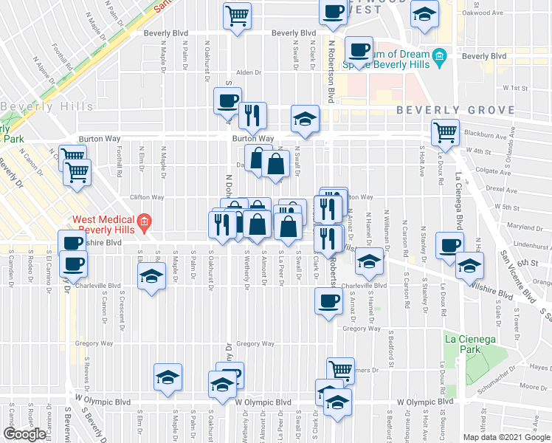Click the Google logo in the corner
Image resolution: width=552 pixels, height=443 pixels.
coord(24,434)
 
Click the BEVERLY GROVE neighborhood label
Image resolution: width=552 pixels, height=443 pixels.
coord(455,110)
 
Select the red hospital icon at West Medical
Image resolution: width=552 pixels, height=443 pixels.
coord(145,221)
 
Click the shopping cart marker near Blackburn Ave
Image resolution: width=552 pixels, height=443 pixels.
coord(445,133)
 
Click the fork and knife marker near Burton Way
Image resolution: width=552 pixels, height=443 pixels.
coord(252,115)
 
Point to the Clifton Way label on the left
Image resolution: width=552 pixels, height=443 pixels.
coord(146,197)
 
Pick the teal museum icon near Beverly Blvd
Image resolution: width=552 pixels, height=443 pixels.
coord(439,56)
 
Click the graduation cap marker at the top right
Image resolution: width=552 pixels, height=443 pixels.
coord(424,16)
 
